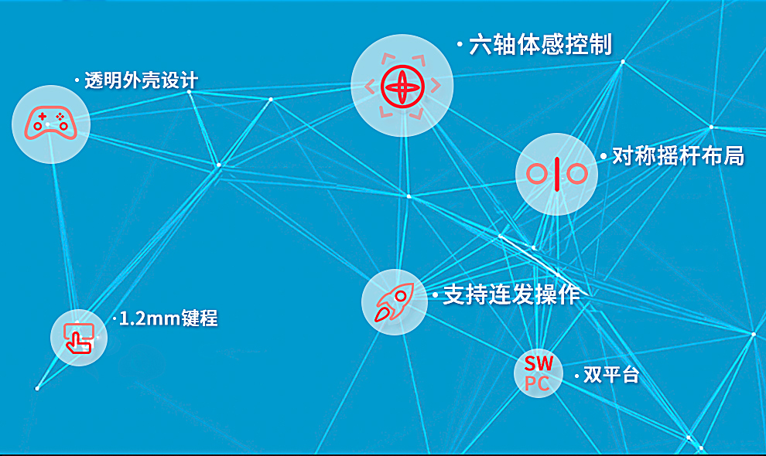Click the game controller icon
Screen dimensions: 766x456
click(51, 124)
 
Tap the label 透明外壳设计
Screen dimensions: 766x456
click(141, 80)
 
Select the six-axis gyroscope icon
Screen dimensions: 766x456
click(402, 87)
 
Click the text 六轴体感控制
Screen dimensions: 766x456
click(540, 45)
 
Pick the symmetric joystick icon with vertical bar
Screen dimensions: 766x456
click(556, 174)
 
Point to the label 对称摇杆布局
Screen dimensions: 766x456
click(678, 156)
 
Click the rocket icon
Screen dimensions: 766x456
click(395, 302)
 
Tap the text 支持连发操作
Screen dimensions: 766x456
click(511, 295)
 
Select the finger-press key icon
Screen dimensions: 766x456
click(79, 338)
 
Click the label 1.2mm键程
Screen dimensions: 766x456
click(169, 318)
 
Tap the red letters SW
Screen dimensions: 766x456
click(539, 363)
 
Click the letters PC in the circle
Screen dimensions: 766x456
click(537, 384)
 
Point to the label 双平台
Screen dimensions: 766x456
click(611, 375)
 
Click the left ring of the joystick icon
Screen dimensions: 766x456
click(528, 174)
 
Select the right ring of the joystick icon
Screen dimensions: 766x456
click(586, 174)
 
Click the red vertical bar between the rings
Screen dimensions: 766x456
click(556, 174)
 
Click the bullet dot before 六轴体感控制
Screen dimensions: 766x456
click(460, 45)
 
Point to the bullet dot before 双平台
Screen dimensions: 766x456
click(577, 376)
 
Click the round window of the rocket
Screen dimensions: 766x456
click(401, 296)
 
